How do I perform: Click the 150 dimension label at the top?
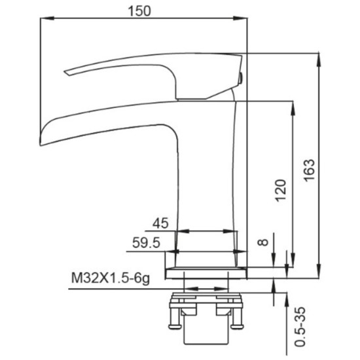[139, 11]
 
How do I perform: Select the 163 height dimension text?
[309, 170]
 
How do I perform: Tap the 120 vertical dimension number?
[281, 190]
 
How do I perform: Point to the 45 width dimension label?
[160, 223]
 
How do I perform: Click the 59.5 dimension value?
[146, 243]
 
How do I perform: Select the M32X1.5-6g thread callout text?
[111, 278]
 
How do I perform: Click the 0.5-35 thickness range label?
[300, 326]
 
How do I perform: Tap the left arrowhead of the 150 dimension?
[47, 18]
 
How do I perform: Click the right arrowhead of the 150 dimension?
[240, 18]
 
